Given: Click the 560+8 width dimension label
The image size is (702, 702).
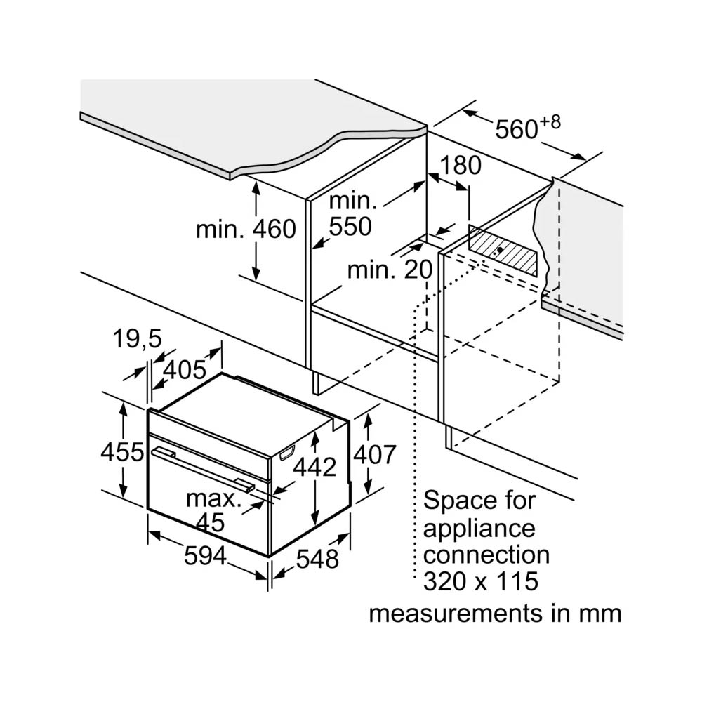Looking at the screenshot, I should [x=528, y=128].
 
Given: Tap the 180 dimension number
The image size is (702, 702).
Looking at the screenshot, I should [x=461, y=166].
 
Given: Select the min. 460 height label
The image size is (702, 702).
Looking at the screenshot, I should [x=246, y=229].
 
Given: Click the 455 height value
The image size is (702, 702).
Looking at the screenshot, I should [x=121, y=453].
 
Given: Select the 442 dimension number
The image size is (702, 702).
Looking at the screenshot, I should [x=314, y=466].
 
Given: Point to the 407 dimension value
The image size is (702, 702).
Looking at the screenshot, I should [x=374, y=454].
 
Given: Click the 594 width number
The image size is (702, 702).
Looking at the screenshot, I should [x=206, y=556].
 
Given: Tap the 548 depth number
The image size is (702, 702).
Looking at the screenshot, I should [x=317, y=559].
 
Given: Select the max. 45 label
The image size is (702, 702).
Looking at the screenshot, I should [x=213, y=510].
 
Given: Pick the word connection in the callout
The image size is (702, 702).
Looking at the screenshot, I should [x=486, y=555].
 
